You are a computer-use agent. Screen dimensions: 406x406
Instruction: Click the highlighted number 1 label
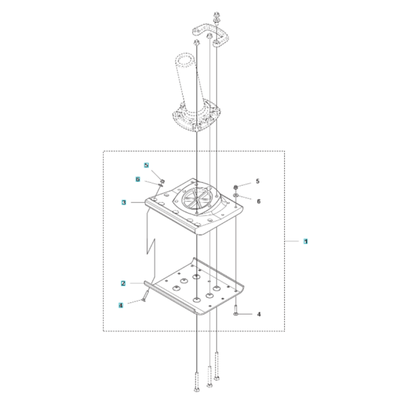[x=306, y=241]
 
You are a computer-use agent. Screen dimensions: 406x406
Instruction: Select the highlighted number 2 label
[x=123, y=283]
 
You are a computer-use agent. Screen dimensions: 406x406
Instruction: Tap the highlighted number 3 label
[x=124, y=202]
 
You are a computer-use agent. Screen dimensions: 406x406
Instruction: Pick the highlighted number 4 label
[x=121, y=305]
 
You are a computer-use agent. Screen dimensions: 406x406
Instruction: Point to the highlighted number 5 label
[x=146, y=165]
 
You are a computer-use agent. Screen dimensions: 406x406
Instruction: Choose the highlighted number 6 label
[x=138, y=179]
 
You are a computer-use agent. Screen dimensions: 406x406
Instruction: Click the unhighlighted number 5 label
[x=257, y=181]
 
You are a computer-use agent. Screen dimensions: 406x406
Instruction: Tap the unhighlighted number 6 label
[x=258, y=202]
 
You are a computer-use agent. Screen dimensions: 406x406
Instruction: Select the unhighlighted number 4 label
[x=259, y=314]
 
